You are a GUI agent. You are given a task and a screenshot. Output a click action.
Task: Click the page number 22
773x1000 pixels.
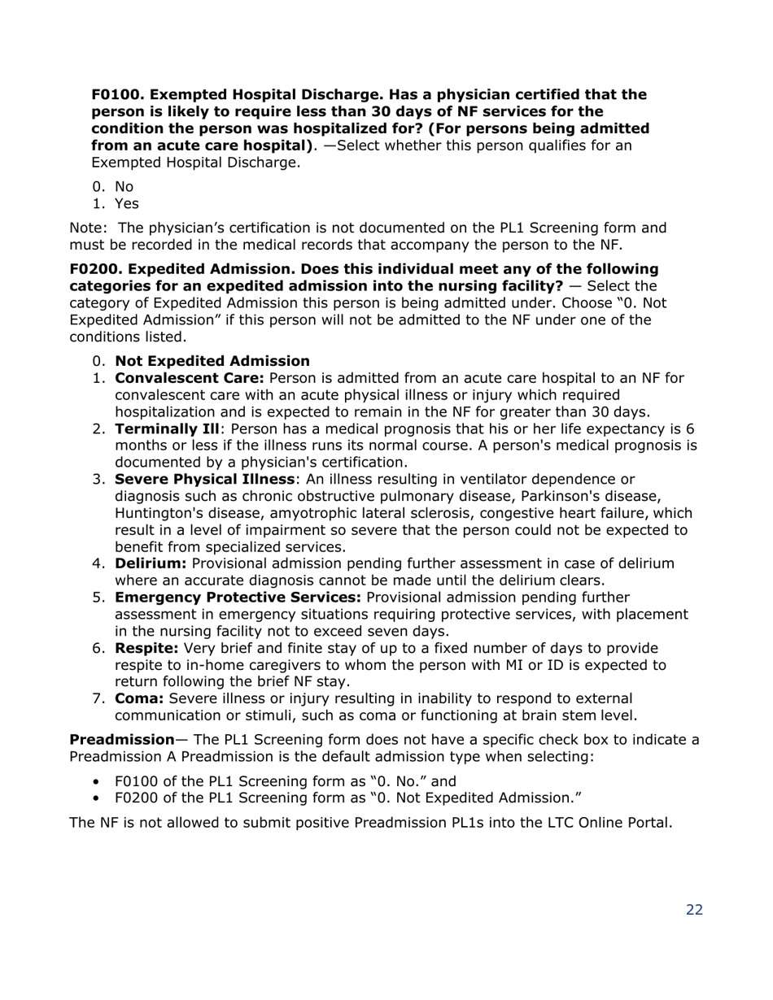click(x=693, y=910)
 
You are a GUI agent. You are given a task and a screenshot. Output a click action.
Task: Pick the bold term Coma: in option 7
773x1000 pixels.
click(x=139, y=698)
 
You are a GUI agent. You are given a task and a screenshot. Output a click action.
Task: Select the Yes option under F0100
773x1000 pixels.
click(x=127, y=204)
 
